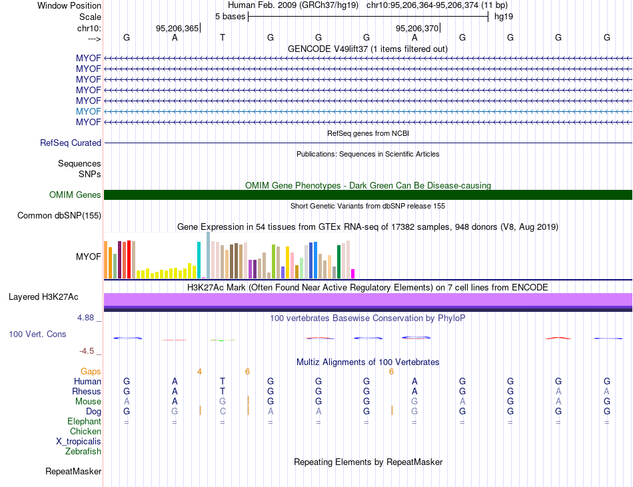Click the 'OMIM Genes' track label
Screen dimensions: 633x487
point(75,195)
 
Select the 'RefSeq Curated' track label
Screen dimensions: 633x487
point(71,143)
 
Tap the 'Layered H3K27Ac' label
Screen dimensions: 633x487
point(43,297)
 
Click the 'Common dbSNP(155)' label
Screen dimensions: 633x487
point(59,215)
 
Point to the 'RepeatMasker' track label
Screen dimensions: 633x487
point(73,471)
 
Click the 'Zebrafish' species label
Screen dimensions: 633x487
point(83,452)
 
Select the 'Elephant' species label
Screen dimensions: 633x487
point(85,421)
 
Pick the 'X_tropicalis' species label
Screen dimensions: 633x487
point(79,442)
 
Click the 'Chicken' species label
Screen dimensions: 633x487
point(85,431)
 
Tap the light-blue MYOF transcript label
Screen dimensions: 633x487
point(89,111)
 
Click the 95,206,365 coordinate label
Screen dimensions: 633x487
point(177,28)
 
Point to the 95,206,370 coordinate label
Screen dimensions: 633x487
point(417,28)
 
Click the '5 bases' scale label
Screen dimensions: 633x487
point(230,17)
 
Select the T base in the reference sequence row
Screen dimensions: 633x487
point(223,37)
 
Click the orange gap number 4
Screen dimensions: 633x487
point(199,372)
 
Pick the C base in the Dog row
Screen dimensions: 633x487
point(223,412)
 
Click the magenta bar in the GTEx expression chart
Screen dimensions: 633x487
point(353,274)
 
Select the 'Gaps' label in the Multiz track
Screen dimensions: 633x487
point(91,371)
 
